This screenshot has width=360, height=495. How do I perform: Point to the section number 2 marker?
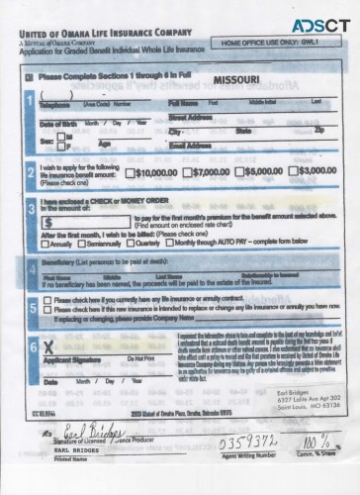[33, 169]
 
